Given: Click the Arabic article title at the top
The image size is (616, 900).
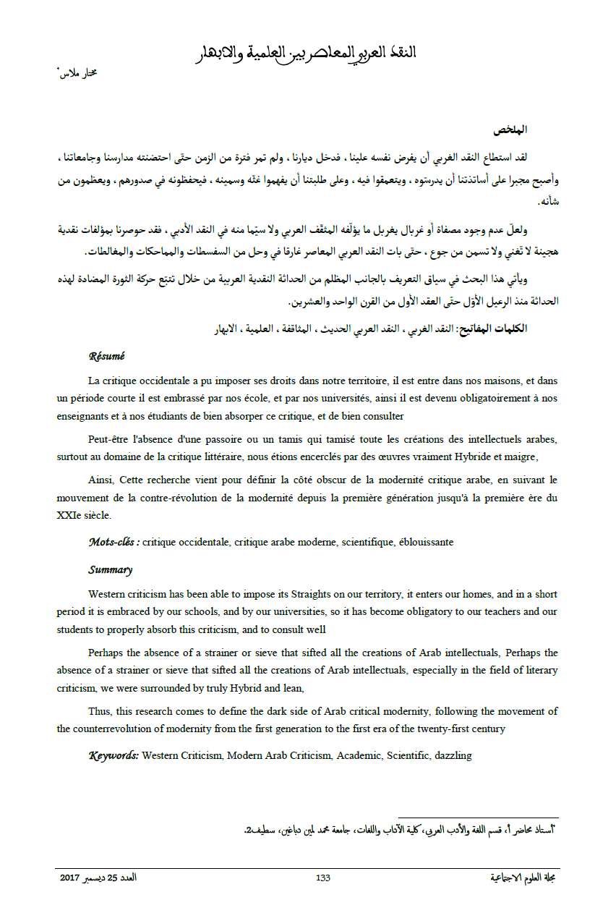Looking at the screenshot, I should pyautogui.click(x=307, y=53).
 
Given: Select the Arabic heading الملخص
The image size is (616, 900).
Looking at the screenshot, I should pyautogui.click(x=511, y=130).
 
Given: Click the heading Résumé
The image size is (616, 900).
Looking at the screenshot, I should pyautogui.click(x=106, y=356).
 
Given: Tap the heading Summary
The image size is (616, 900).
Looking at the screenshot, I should pyautogui.click(x=110, y=569).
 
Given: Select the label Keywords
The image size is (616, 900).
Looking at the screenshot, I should pyautogui.click(x=114, y=755).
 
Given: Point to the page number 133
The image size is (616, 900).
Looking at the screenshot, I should pyautogui.click(x=323, y=878).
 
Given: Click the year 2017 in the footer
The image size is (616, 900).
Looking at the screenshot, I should pyautogui.click(x=70, y=878).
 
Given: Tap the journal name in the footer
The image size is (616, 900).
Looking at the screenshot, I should pyautogui.click(x=523, y=878).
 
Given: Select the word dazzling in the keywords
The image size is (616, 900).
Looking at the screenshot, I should pyautogui.click(x=452, y=755).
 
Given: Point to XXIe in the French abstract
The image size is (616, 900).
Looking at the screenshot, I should pyautogui.click(x=69, y=515).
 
